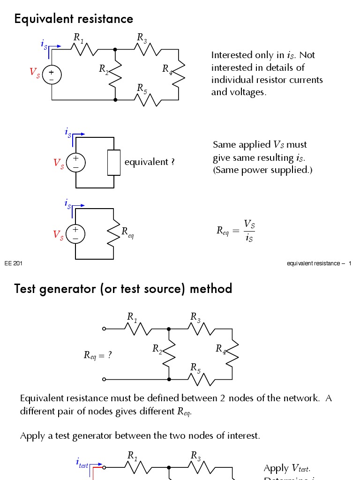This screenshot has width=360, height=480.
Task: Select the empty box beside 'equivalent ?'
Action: (114, 163)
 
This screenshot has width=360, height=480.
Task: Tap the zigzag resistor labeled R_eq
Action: (113, 233)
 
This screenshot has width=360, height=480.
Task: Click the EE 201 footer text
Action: (14, 263)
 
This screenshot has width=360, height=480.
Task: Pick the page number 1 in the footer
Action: (350, 263)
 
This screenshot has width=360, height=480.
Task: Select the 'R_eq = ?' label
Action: (97, 355)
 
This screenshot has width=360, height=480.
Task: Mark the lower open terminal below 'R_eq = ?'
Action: (104, 379)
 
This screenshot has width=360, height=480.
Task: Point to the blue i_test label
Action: (82, 463)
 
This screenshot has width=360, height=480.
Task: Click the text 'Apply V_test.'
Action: (287, 468)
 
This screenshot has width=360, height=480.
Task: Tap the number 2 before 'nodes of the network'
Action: (223, 398)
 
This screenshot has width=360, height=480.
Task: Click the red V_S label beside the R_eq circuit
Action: (58, 235)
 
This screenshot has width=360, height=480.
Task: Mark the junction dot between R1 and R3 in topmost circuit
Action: (115, 49)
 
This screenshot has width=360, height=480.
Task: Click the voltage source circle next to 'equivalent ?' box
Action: (75, 163)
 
